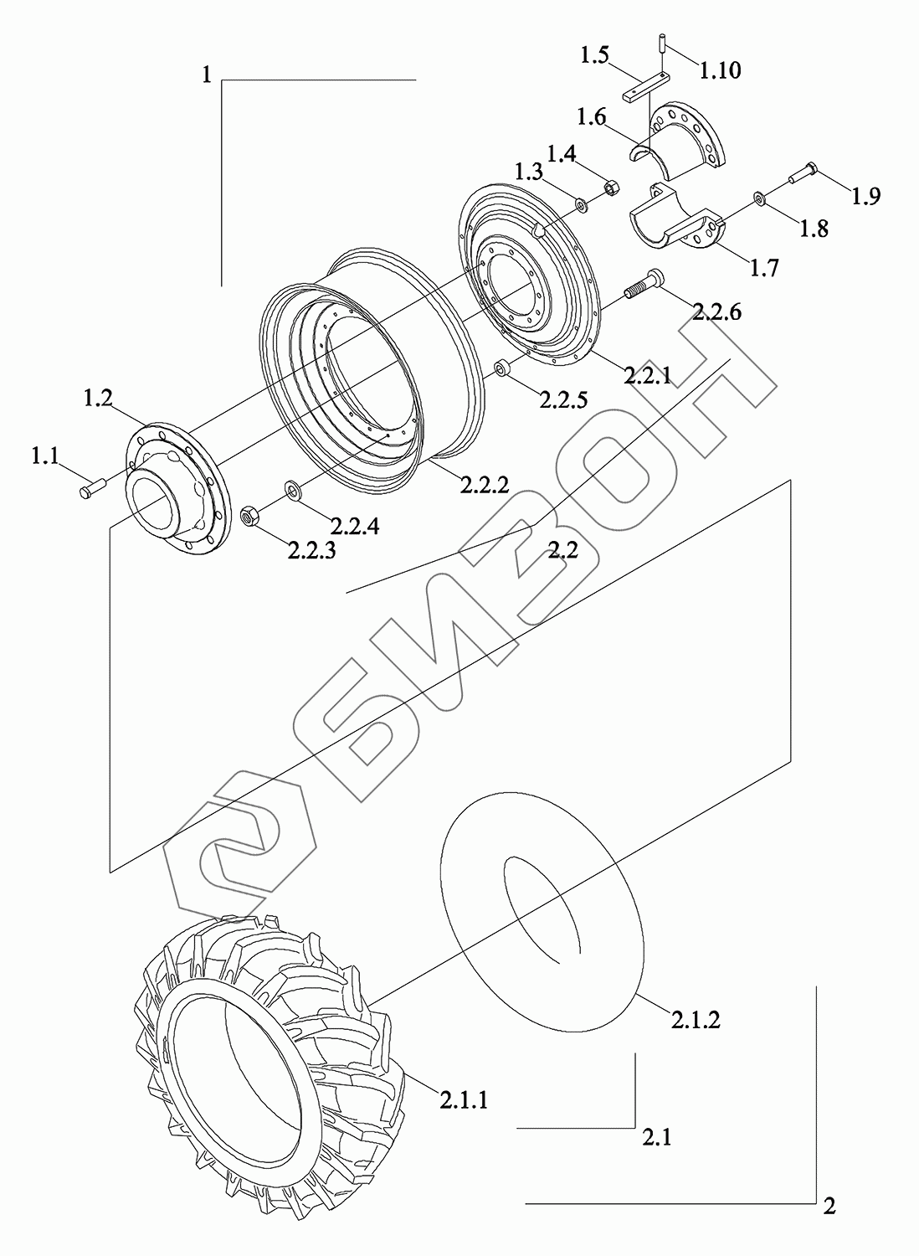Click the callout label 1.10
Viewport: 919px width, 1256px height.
click(x=720, y=70)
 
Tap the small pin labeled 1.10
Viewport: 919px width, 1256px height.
click(x=662, y=43)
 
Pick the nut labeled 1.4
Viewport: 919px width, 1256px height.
click(x=612, y=187)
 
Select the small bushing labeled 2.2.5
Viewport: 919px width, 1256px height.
click(x=501, y=369)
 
